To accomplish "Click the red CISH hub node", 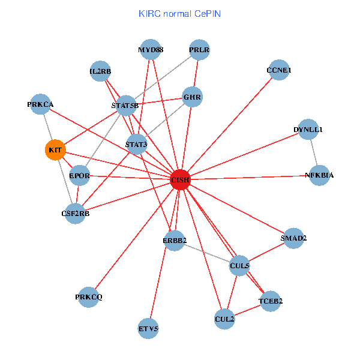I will pyautogui.click(x=180, y=179).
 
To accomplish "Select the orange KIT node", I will pyautogui.click(x=55, y=149).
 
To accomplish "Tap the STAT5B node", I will pyautogui.click(x=125, y=106).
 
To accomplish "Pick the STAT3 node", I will pyautogui.click(x=136, y=144).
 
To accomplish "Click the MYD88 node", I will pyautogui.click(x=150, y=49).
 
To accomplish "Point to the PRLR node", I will pyautogui.click(x=199, y=50).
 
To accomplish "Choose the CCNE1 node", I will pyautogui.click(x=279, y=70).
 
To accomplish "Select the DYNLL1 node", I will pyautogui.click(x=308, y=129).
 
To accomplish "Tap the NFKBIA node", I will pyautogui.click(x=319, y=175).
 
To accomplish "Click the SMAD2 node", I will pyautogui.click(x=293, y=238).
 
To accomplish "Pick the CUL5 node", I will pyautogui.click(x=239, y=265).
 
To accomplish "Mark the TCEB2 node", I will pyautogui.click(x=271, y=301).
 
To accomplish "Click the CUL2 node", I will pyautogui.click(x=224, y=319).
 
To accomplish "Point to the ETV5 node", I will pyautogui.click(x=148, y=328).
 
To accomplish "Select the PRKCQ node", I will pyautogui.click(x=89, y=297).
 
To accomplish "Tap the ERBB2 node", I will pyautogui.click(x=175, y=241).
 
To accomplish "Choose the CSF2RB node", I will pyautogui.click(x=75, y=213).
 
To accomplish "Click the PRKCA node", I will pyautogui.click(x=41, y=104).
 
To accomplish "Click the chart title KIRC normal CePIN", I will pyautogui.click(x=179, y=13).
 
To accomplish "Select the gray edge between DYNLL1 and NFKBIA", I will pyautogui.click(x=314, y=152).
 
